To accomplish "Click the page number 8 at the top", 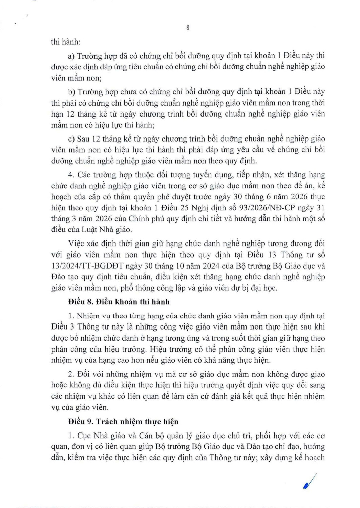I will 188,28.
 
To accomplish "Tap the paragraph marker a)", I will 71,56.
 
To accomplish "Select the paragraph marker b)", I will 71,92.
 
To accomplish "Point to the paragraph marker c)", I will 71,139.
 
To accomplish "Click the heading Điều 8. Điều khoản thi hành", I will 119,302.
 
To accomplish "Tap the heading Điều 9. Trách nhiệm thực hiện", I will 123,422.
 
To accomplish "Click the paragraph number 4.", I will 71,175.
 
